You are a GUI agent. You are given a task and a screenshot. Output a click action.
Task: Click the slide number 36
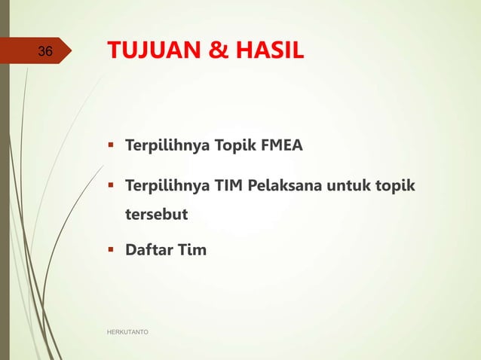coord(45,52)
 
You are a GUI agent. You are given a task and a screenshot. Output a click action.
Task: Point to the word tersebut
coord(156,215)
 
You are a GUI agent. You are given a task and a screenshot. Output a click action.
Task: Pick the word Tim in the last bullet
coord(191,249)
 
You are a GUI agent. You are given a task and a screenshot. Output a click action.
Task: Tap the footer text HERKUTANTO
coord(128,331)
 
